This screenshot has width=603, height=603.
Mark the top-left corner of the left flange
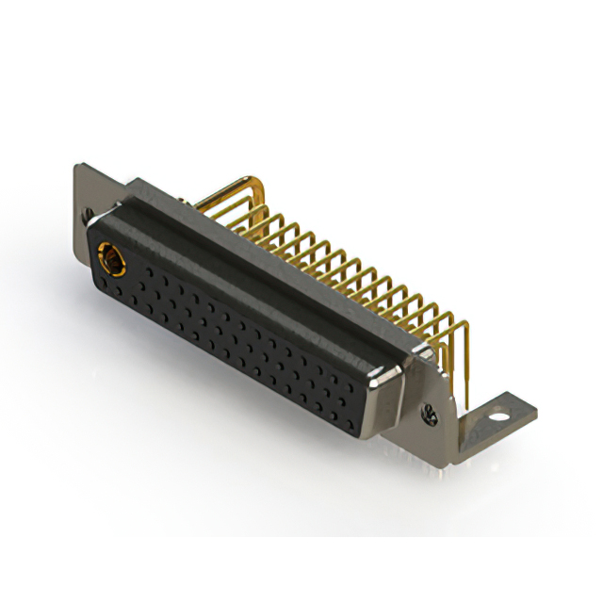coord(76,168)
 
